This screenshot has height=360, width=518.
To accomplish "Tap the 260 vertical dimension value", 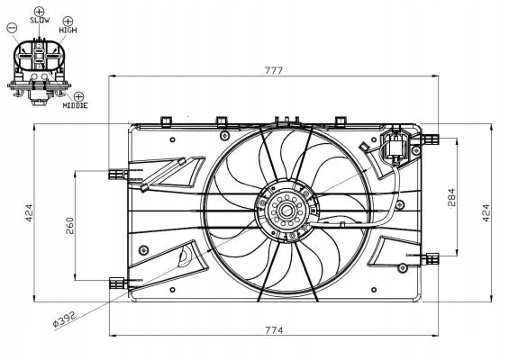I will click(x=69, y=225).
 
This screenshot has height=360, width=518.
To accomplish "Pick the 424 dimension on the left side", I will click(x=29, y=213).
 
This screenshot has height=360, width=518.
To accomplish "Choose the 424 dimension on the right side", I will click(x=486, y=213).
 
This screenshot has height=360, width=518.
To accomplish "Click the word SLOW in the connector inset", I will click(x=39, y=19).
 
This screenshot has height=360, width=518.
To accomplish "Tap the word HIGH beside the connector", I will click(x=68, y=30).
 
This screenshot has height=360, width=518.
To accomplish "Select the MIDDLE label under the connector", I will click(x=76, y=106).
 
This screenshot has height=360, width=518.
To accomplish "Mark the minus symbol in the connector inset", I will click(x=12, y=30).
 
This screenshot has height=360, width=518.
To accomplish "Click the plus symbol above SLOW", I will click(x=39, y=7).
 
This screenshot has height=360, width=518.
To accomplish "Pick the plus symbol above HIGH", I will click(x=68, y=19).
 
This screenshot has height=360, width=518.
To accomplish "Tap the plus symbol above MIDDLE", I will click(x=78, y=95).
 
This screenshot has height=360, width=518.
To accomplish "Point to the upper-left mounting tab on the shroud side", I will click(x=116, y=171).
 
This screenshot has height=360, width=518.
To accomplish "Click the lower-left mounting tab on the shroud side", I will click(x=116, y=282).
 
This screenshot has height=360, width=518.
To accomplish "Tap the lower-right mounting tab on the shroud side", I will click(x=431, y=259).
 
